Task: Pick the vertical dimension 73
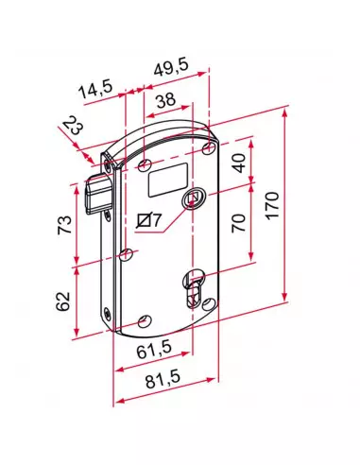[64, 225]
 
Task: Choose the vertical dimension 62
[63, 302]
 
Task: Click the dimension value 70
[240, 223]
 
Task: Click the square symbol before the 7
[143, 220]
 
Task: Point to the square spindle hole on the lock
[194, 198]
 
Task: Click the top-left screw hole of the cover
[145, 165]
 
